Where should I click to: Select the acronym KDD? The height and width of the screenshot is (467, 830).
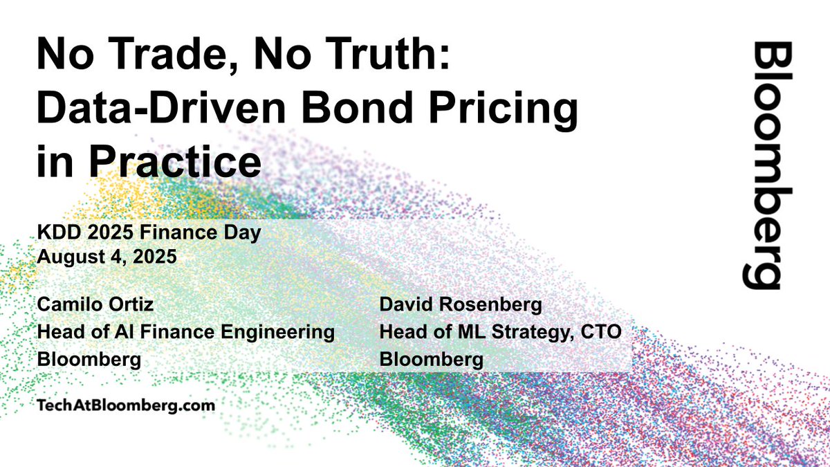57,232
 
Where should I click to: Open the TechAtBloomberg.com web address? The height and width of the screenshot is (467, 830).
126,405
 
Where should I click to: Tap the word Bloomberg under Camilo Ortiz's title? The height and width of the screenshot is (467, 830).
89,360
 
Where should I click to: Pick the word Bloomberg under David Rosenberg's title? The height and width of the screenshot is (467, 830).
432,360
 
